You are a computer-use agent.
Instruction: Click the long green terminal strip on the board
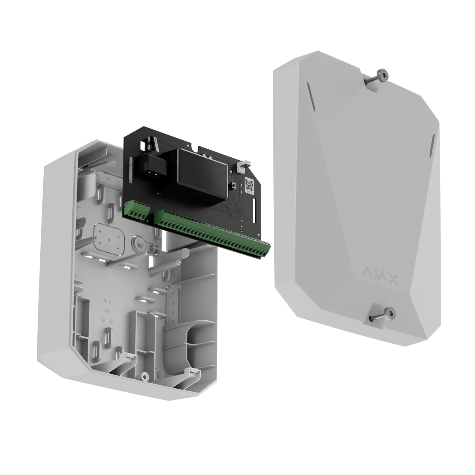coord(212,235)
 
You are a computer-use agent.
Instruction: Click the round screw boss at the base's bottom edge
coord(145,377)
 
